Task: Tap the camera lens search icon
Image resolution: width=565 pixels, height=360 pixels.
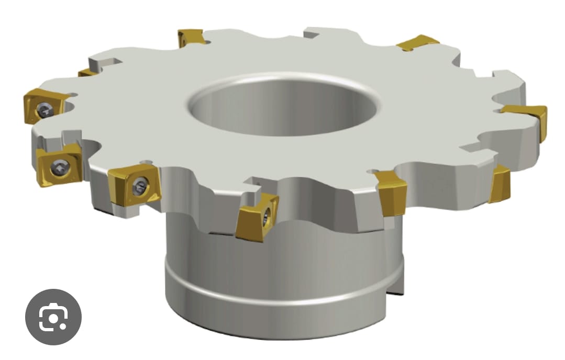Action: [x=53, y=317]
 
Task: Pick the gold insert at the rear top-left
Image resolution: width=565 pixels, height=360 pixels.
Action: [x=191, y=38]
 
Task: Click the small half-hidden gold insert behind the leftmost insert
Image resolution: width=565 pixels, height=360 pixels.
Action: [x=86, y=72]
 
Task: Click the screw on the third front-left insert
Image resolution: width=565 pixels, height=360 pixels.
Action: [x=139, y=186]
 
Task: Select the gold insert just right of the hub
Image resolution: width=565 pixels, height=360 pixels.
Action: [x=392, y=193]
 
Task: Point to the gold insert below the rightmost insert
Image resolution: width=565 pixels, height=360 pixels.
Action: [x=500, y=185]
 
